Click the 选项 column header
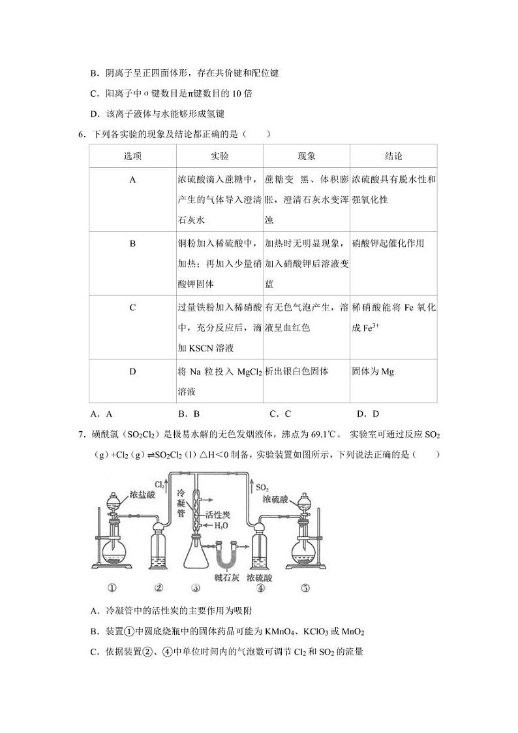pyautogui.click(x=132, y=156)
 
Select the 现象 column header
pyautogui.click(x=307, y=156)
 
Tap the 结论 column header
pyautogui.click(x=393, y=156)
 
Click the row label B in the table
pyautogui.click(x=132, y=244)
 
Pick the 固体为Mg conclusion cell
pyautogui.click(x=373, y=372)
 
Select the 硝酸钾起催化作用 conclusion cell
pyautogui.click(x=388, y=244)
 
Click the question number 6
pyautogui.click(x=80, y=135)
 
